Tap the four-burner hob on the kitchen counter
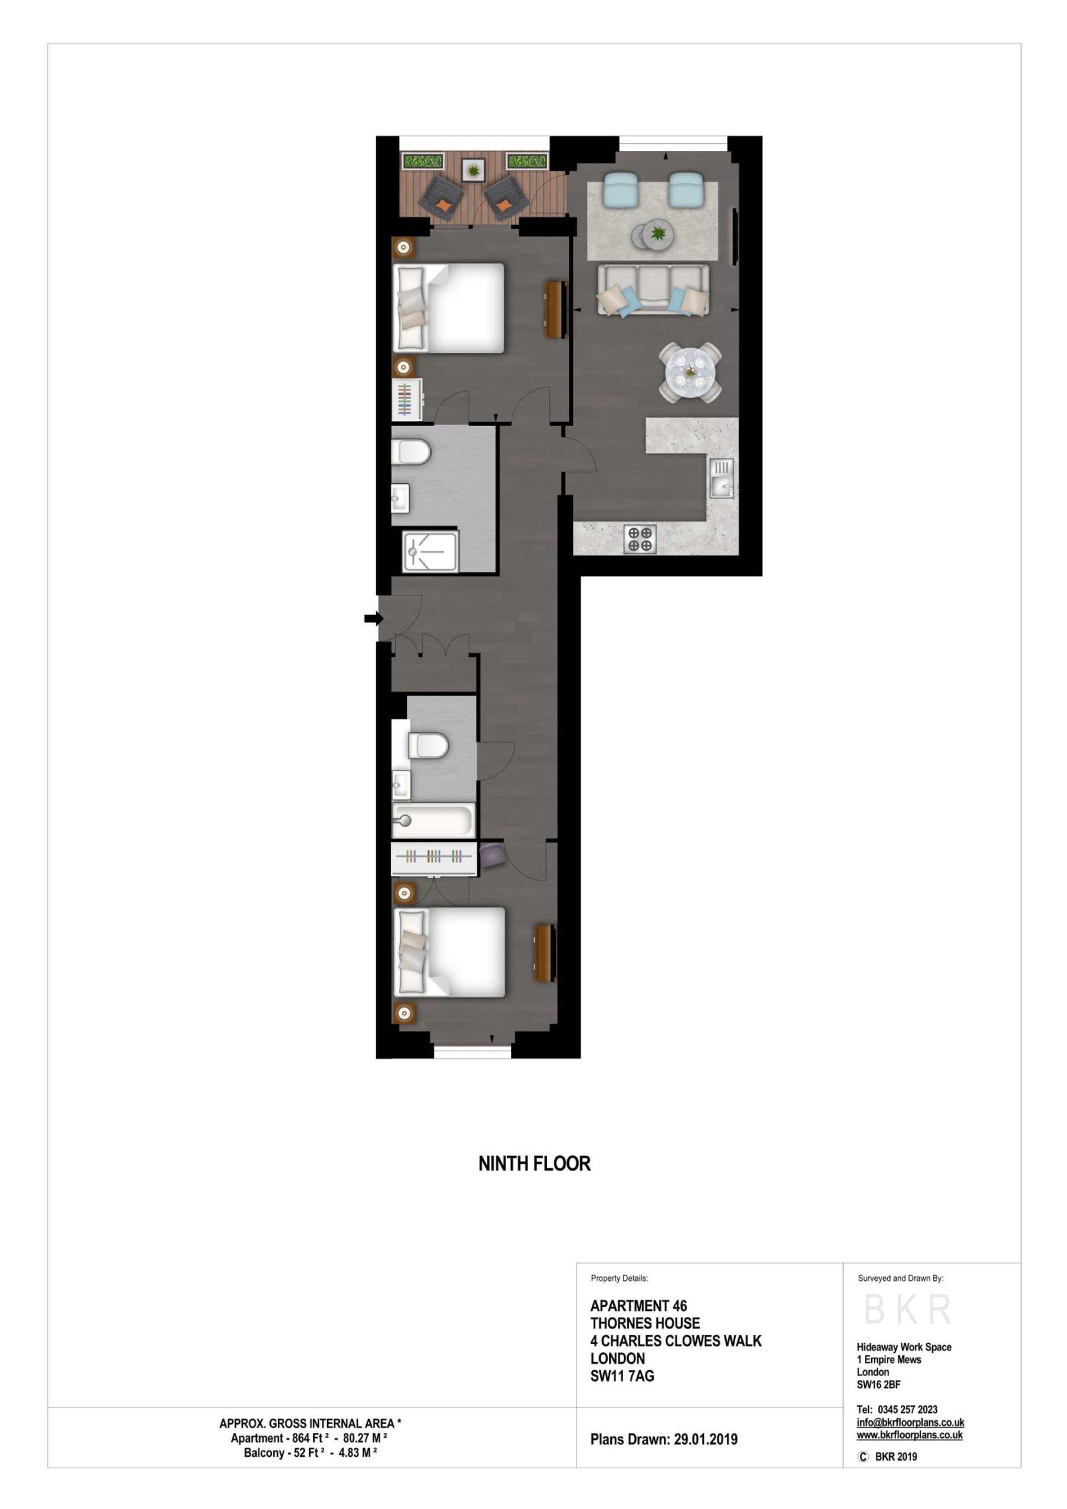click(639, 538)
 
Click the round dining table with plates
click(690, 373)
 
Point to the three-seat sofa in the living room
click(653, 290)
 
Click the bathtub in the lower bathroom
click(432, 821)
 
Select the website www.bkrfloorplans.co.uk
click(910, 1435)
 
